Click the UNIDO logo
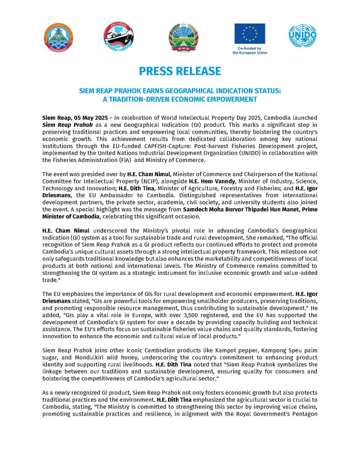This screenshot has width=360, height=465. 302,36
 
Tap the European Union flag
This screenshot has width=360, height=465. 249,33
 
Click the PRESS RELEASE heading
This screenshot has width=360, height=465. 180,71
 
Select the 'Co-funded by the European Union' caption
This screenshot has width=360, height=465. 250,50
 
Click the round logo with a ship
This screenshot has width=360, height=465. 119,37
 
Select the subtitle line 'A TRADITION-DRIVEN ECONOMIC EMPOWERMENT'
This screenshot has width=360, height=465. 180,99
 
